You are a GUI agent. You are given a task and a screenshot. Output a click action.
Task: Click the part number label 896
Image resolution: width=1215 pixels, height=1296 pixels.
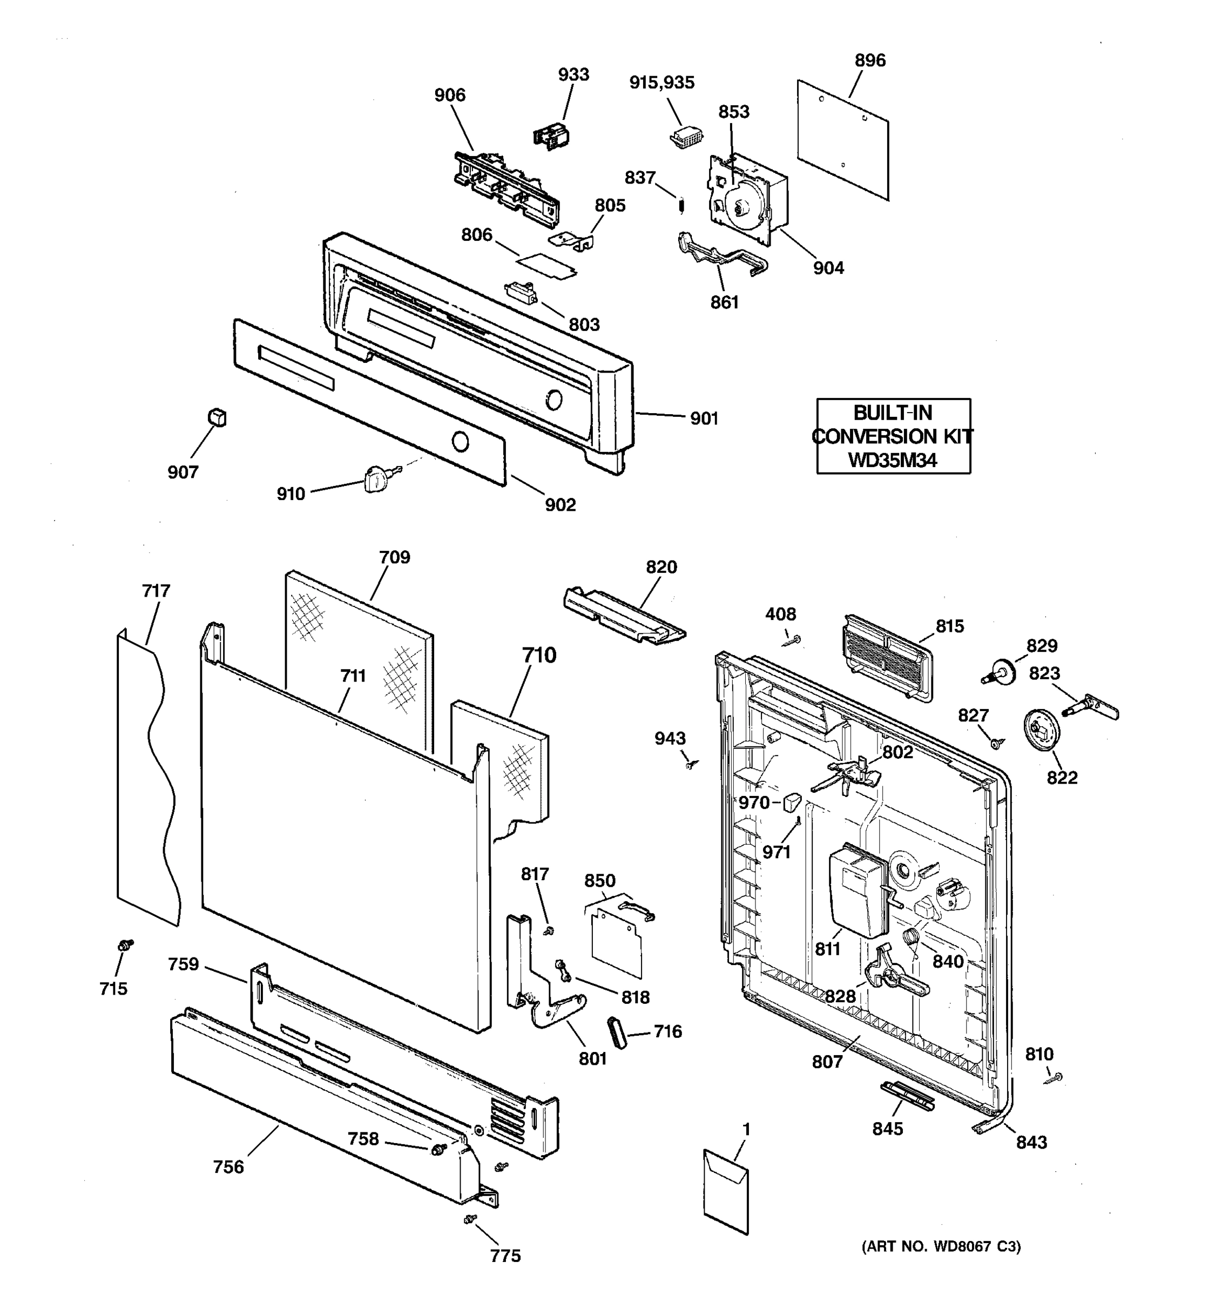[x=869, y=60]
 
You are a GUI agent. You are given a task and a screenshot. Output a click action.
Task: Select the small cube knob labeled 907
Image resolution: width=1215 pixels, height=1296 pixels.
[x=217, y=417]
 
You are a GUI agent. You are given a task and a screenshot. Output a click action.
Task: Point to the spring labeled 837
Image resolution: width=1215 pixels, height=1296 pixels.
[x=681, y=205]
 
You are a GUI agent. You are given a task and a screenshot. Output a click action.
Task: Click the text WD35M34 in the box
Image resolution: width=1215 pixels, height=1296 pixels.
[x=892, y=460]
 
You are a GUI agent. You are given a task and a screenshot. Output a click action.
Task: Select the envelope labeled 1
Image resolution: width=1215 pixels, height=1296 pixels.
[x=725, y=1191]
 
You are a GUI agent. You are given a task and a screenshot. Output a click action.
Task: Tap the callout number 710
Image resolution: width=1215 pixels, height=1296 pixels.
[x=538, y=654]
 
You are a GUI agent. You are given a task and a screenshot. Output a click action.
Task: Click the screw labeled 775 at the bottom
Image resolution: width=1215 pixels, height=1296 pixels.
[x=469, y=1218]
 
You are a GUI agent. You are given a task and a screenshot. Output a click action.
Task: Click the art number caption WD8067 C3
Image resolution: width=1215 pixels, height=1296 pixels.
[x=941, y=1246]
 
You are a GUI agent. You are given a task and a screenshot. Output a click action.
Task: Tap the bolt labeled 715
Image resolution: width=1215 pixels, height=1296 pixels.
[x=125, y=944]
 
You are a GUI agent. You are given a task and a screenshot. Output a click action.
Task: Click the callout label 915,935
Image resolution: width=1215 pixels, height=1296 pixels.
[x=661, y=83]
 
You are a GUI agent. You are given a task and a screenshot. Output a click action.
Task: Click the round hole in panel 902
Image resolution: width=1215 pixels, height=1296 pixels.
[x=460, y=442]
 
